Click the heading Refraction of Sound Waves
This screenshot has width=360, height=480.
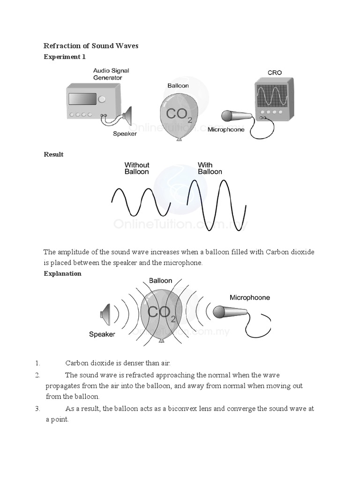coord(91,46)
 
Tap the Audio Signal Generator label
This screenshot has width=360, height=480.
coord(111,74)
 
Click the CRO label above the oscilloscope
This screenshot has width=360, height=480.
coord(274,73)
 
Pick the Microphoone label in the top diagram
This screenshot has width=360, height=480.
coord(226,129)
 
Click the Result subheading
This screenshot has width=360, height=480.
coord(53,154)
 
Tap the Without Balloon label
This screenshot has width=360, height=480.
coord(137,168)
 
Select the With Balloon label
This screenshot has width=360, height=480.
coord(210,168)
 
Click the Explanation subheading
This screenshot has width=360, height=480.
coord(62,273)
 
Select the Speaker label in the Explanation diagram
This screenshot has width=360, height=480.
coord(102,334)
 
